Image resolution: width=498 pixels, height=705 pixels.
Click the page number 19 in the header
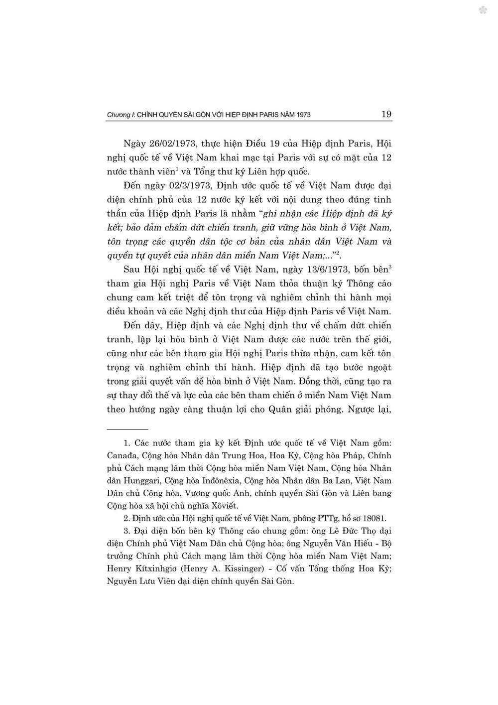386,114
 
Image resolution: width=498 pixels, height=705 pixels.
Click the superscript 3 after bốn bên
390,267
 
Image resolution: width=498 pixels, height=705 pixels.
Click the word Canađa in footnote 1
121,455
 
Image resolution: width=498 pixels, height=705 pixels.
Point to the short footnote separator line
128,429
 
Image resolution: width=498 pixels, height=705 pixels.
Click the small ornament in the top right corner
482,10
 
